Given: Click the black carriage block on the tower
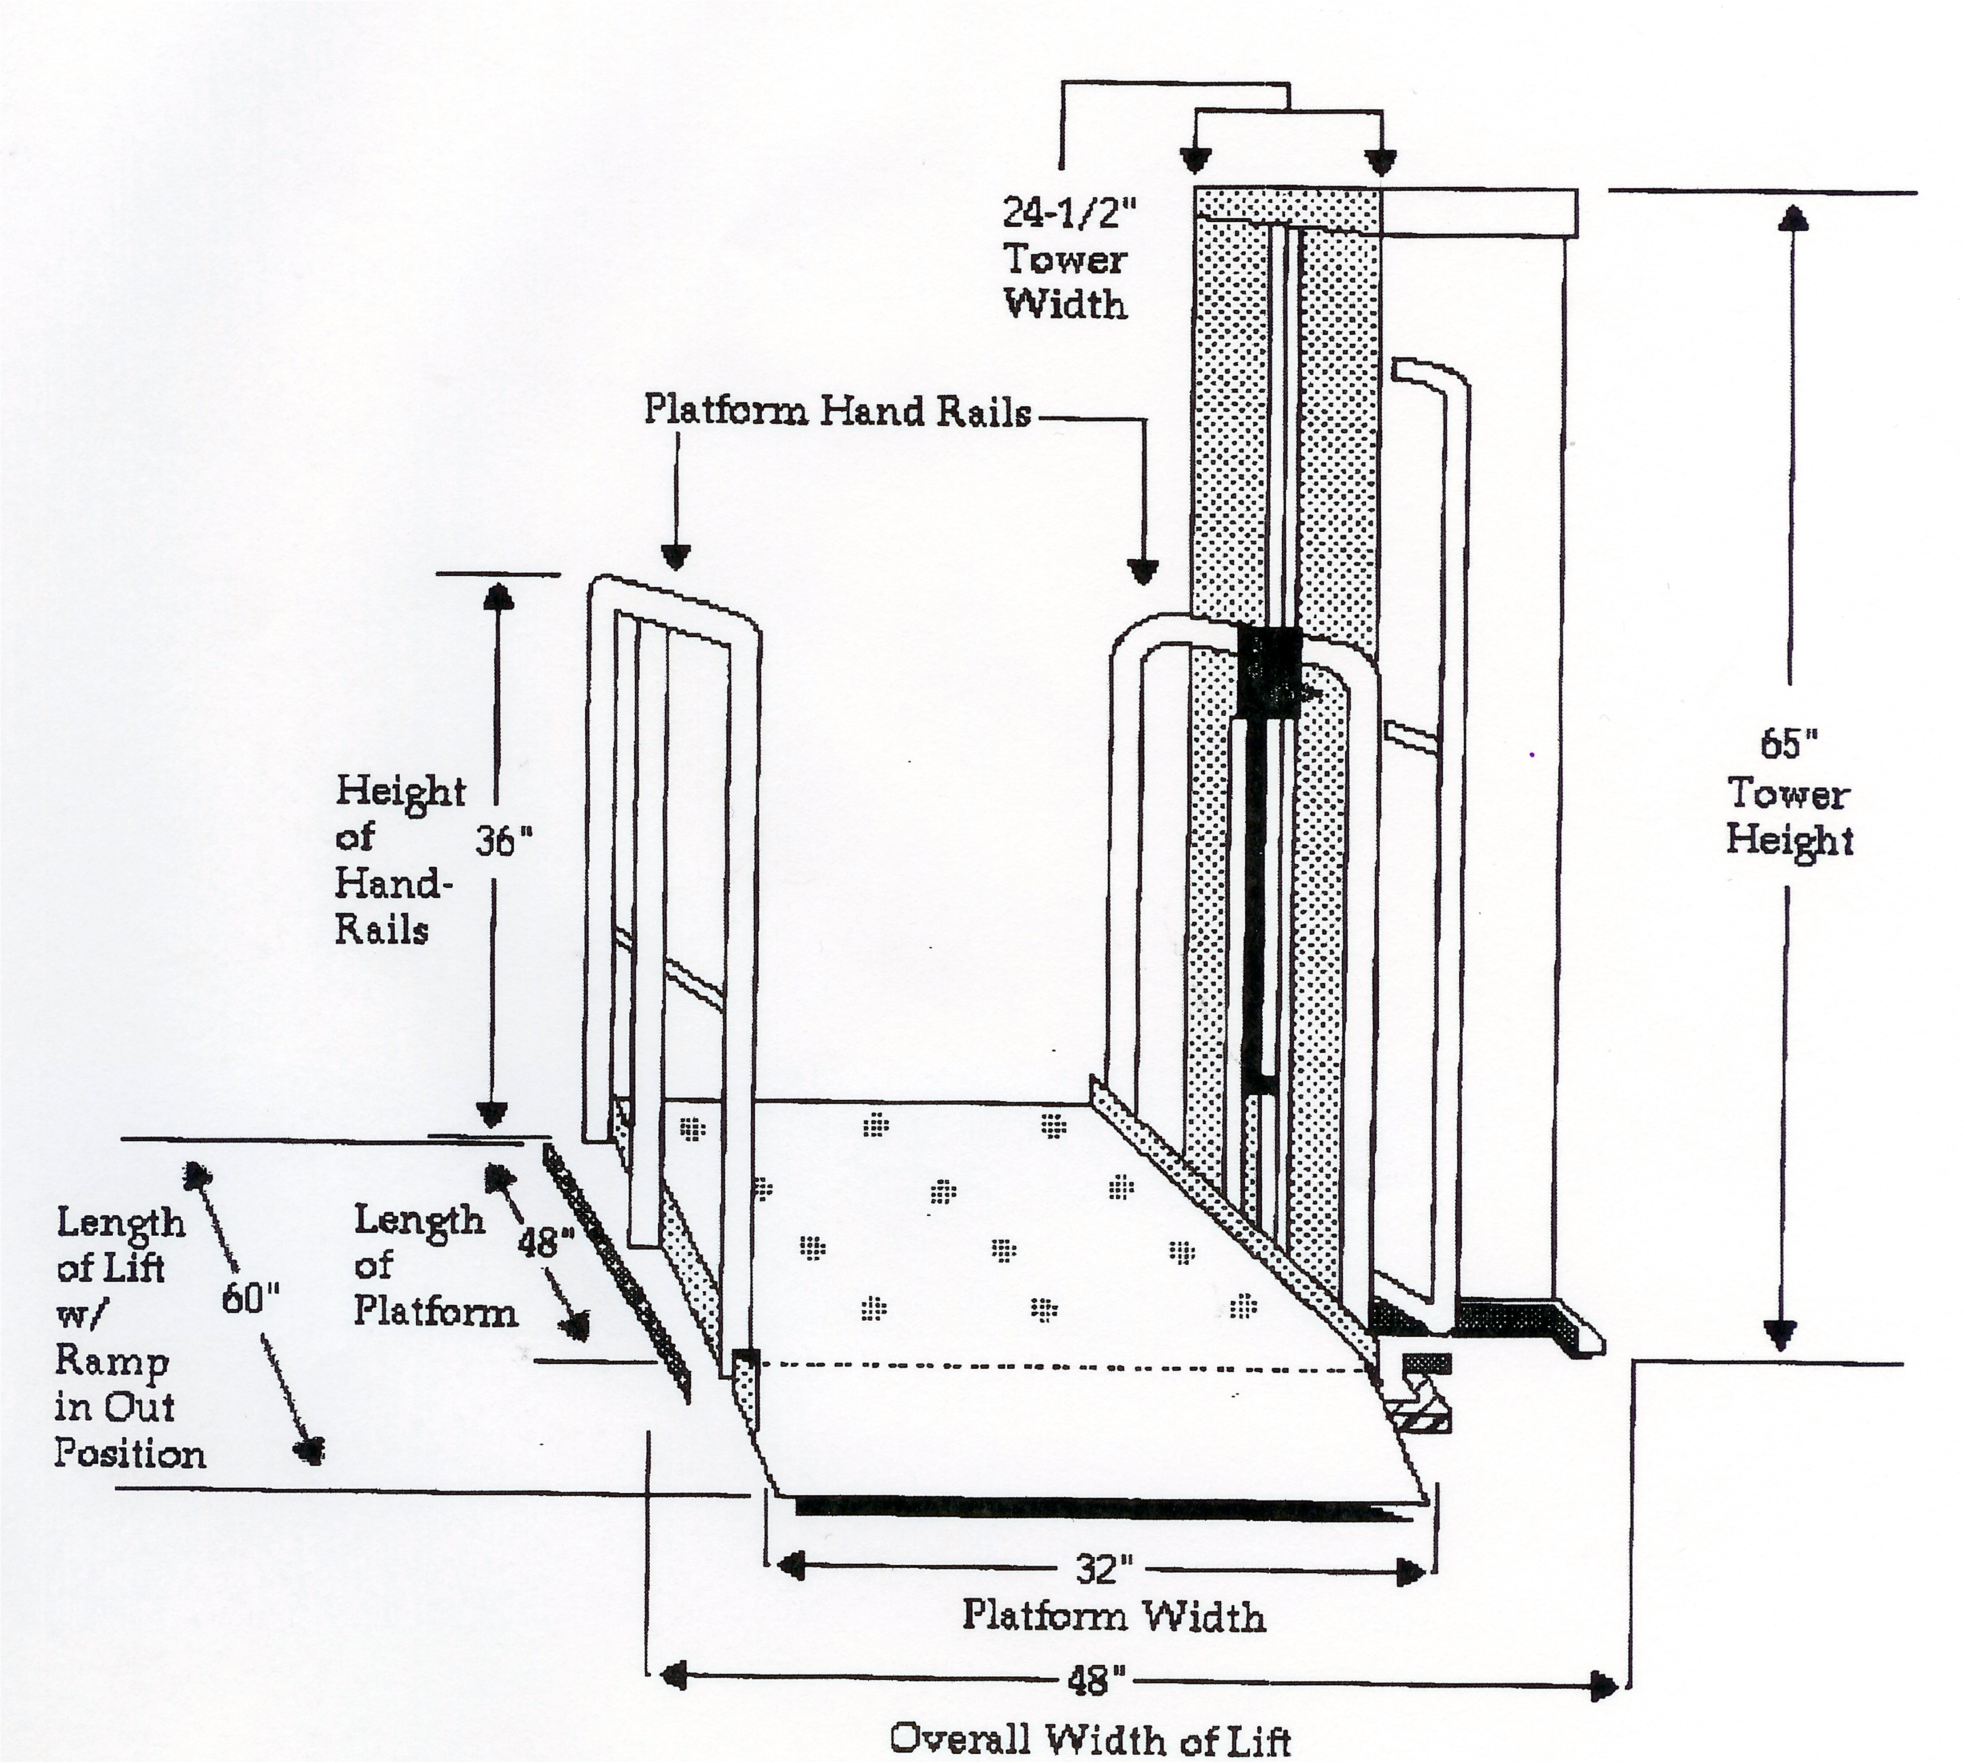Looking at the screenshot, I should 1269,671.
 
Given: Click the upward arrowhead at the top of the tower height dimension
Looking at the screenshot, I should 1792,218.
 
